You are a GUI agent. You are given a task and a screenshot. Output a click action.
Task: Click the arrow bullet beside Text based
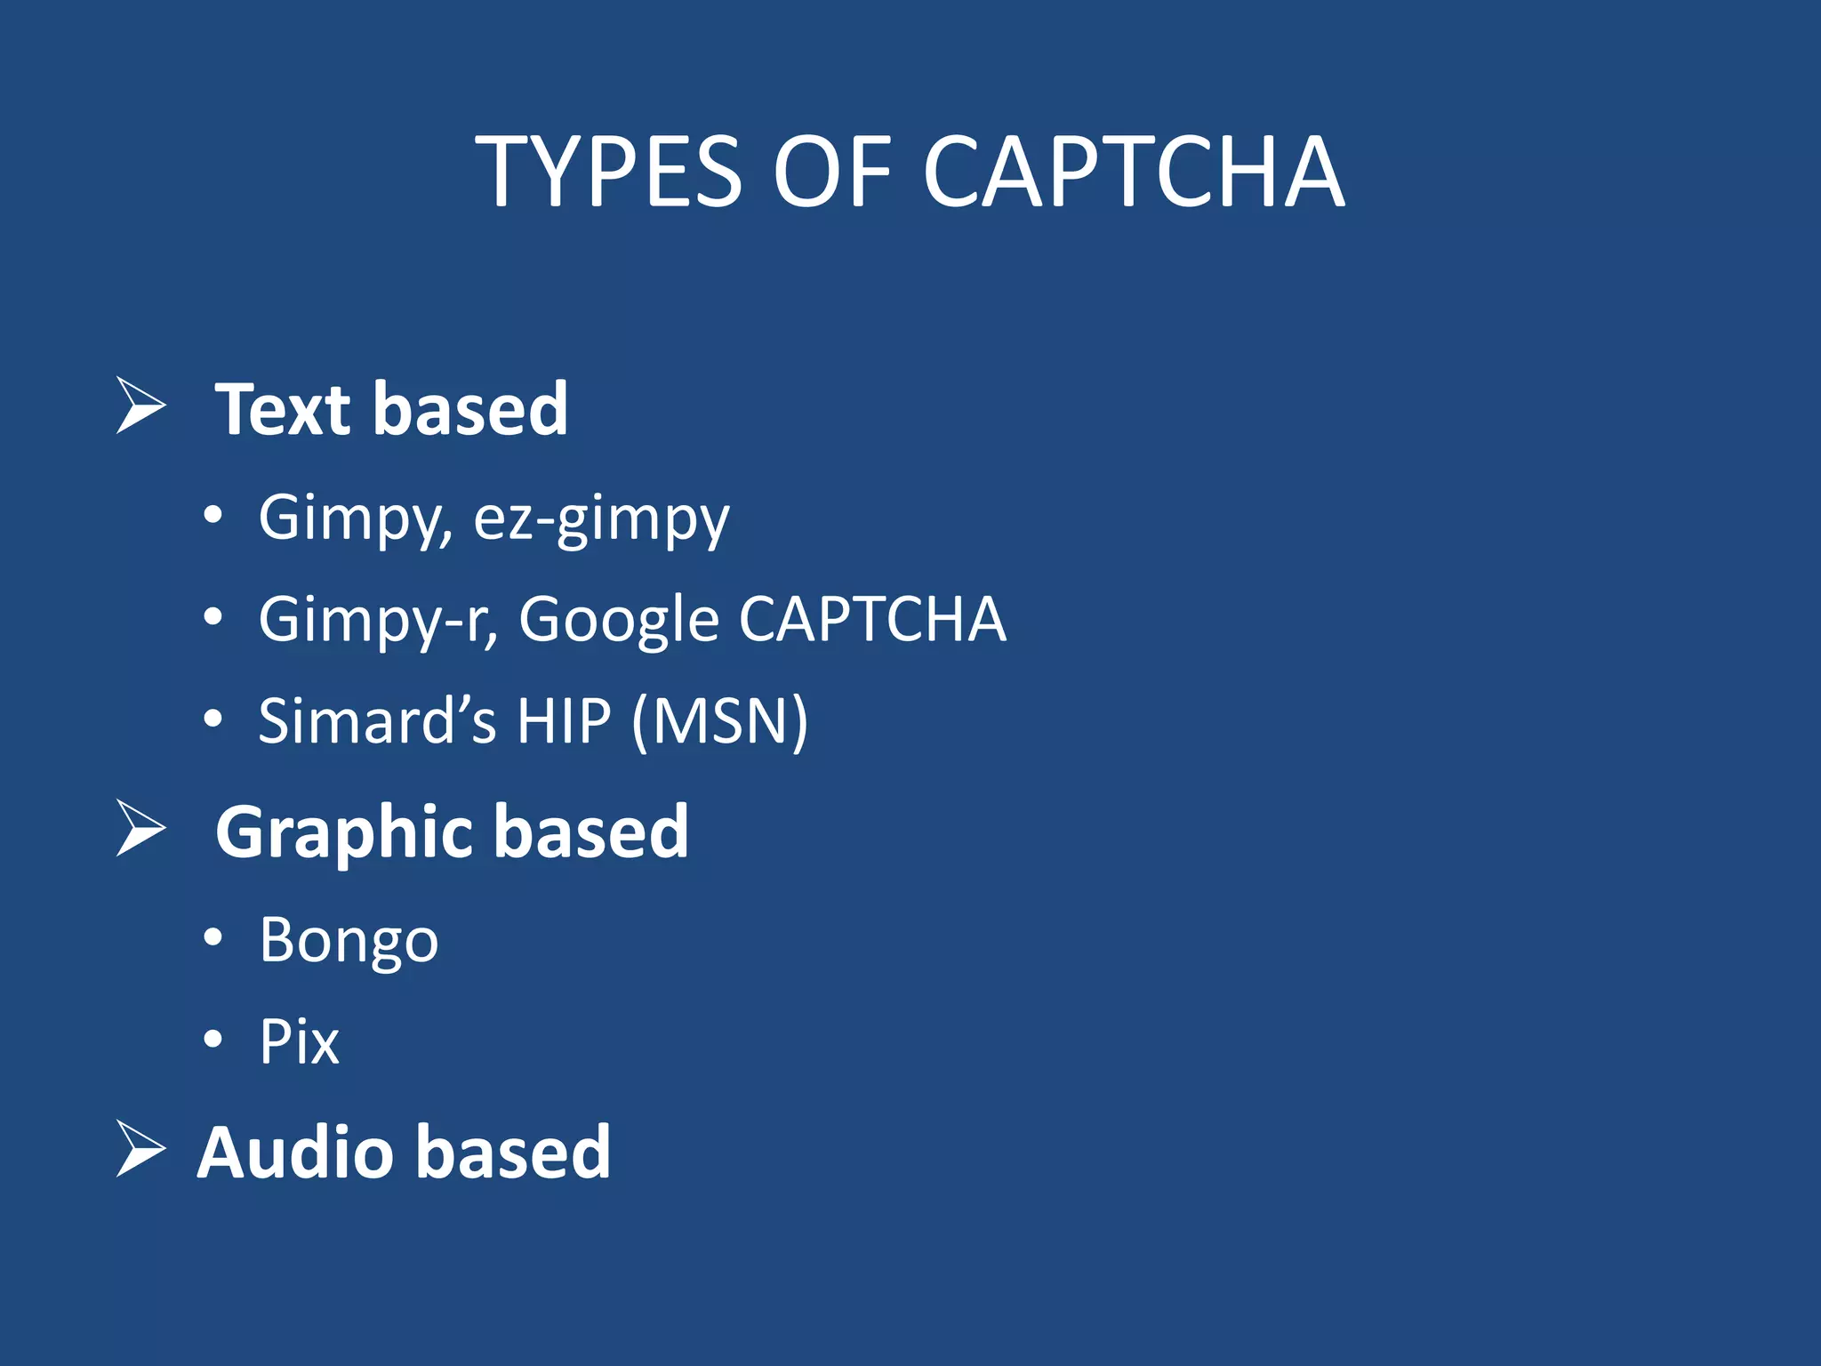coord(140,406)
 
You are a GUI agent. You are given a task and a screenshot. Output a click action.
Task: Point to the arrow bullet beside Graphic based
coord(140,829)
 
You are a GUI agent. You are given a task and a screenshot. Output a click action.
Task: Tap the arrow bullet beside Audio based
coord(140,1149)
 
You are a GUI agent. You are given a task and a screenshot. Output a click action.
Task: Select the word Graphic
coord(342,834)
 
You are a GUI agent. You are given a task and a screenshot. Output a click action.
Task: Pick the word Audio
coord(293,1153)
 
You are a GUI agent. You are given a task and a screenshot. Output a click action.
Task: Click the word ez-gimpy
coord(601,519)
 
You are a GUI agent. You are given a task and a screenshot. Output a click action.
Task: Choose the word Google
coord(619,621)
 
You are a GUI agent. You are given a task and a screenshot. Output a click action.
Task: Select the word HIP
coord(564,720)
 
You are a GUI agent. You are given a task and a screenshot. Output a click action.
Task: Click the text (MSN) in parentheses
coord(719,720)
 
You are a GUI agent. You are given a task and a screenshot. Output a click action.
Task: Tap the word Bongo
coord(349,941)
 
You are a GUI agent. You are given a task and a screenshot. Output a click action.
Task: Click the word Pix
coord(299,1041)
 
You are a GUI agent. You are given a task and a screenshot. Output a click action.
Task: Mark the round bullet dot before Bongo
coord(213,937)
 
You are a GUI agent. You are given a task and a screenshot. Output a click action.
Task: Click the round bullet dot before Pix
coord(213,1039)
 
